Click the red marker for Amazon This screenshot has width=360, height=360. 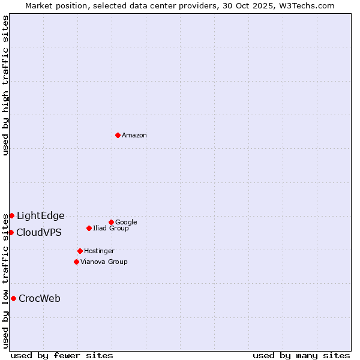(x=118, y=135)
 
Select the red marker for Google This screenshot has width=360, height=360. (x=111, y=222)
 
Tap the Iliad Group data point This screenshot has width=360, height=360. (x=89, y=228)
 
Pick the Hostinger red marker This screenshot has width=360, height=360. (x=80, y=251)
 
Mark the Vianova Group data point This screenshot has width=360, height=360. (x=76, y=262)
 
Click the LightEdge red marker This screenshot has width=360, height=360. (x=11, y=215)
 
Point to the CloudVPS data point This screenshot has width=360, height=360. (x=11, y=232)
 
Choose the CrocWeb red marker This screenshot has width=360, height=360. (x=13, y=298)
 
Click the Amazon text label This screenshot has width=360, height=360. (x=134, y=136)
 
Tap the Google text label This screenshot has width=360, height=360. (x=126, y=223)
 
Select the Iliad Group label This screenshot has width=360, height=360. (x=111, y=229)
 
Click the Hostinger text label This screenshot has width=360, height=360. (x=99, y=251)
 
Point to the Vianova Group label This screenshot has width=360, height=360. (x=104, y=262)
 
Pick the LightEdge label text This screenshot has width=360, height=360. (x=40, y=216)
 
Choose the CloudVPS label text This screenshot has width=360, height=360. (x=38, y=233)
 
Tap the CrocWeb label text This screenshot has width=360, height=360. (x=40, y=299)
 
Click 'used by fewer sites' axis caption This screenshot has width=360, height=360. (x=62, y=356)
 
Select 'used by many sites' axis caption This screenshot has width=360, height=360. (x=301, y=356)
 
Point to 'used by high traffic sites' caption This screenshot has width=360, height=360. (x=6, y=85)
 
